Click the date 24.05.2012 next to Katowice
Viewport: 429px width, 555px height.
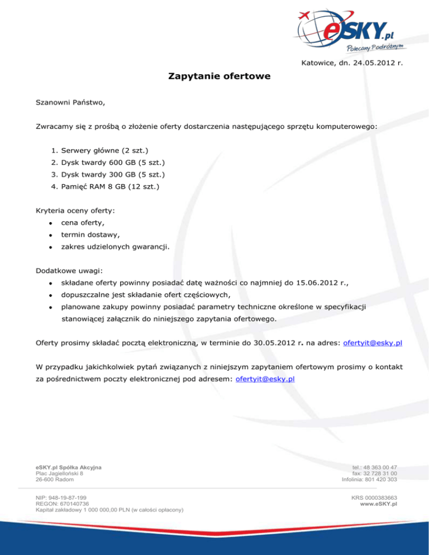click(372, 63)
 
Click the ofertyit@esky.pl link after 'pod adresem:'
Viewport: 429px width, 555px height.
click(266, 379)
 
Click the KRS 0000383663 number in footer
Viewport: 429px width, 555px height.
click(374, 496)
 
